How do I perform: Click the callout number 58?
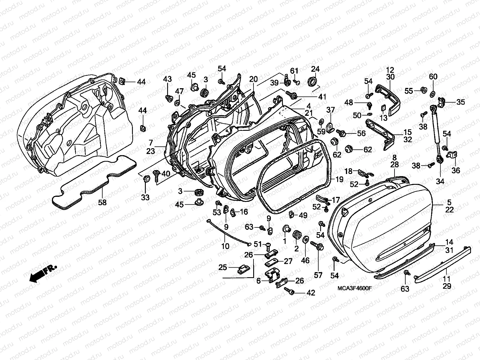(x=102, y=202)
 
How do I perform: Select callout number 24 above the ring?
(x=315, y=69)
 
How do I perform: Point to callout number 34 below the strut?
(x=440, y=181)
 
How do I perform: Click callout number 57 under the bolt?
(x=318, y=275)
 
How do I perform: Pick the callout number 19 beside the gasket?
(x=339, y=180)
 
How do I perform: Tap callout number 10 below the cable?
(x=225, y=246)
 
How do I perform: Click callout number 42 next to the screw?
(x=311, y=293)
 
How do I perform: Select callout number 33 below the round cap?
(x=145, y=197)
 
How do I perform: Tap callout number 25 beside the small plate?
(x=223, y=267)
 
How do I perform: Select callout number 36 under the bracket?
(x=456, y=170)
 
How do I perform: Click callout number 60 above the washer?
(x=433, y=77)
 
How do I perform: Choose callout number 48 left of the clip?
(x=349, y=103)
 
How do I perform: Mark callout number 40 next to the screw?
(x=166, y=174)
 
